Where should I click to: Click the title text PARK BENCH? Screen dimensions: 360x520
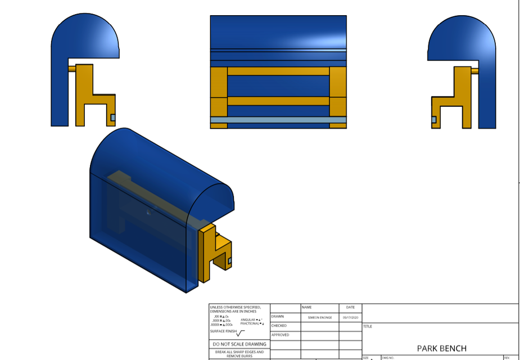pos(441,348)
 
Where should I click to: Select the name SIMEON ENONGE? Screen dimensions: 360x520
pos(319,317)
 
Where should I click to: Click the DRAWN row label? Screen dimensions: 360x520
pos(278,317)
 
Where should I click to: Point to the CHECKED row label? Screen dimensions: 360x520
pos(279,326)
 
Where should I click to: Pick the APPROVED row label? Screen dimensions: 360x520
pos(280,335)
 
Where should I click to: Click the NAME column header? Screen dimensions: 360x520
pos(306,307)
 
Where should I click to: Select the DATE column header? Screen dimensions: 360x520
pos(350,307)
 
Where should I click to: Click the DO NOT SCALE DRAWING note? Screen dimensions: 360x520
pos(239,344)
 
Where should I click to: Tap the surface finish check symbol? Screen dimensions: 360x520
pos(241,332)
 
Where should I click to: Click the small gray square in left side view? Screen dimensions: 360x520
pos(112,118)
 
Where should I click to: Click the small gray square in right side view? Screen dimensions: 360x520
pos(434,120)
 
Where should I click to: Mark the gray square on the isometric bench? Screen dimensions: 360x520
pos(229,260)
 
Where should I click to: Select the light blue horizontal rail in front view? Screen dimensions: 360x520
pos(278,120)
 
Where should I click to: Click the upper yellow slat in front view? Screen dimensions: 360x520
pos(278,71)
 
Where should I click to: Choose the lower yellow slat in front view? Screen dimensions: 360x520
pos(278,101)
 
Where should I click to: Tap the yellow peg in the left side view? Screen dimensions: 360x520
pos(71,69)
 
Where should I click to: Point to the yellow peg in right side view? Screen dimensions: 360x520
pos(475,71)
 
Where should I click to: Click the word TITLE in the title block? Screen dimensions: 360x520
pos(368,326)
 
